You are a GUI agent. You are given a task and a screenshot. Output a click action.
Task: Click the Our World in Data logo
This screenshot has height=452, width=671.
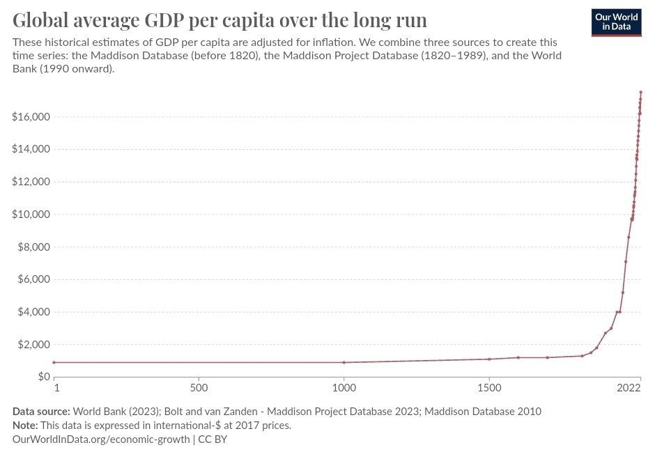pos(616,22)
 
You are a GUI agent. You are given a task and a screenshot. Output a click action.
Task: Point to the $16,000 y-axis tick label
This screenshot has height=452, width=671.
pos(30,117)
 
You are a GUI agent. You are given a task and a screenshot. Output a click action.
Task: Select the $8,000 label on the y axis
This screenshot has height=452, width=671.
pos(33,247)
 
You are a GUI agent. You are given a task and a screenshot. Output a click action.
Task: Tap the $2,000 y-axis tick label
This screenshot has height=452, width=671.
pos(33,345)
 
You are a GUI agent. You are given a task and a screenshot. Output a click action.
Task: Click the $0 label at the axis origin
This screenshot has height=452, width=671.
pos(44,377)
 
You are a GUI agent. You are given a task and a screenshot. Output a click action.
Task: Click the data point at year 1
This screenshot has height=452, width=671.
pos(54,362)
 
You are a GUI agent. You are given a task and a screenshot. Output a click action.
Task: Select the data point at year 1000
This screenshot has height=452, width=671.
pos(344,362)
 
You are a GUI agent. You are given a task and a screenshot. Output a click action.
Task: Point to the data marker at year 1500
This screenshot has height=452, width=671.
pos(490,359)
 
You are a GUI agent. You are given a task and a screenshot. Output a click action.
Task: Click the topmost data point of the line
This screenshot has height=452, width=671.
pos(641,92)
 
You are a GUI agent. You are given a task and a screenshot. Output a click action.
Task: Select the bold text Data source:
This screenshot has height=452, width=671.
pos(41,412)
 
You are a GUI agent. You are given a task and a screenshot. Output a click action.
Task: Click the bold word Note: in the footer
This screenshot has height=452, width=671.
pos(25,426)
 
